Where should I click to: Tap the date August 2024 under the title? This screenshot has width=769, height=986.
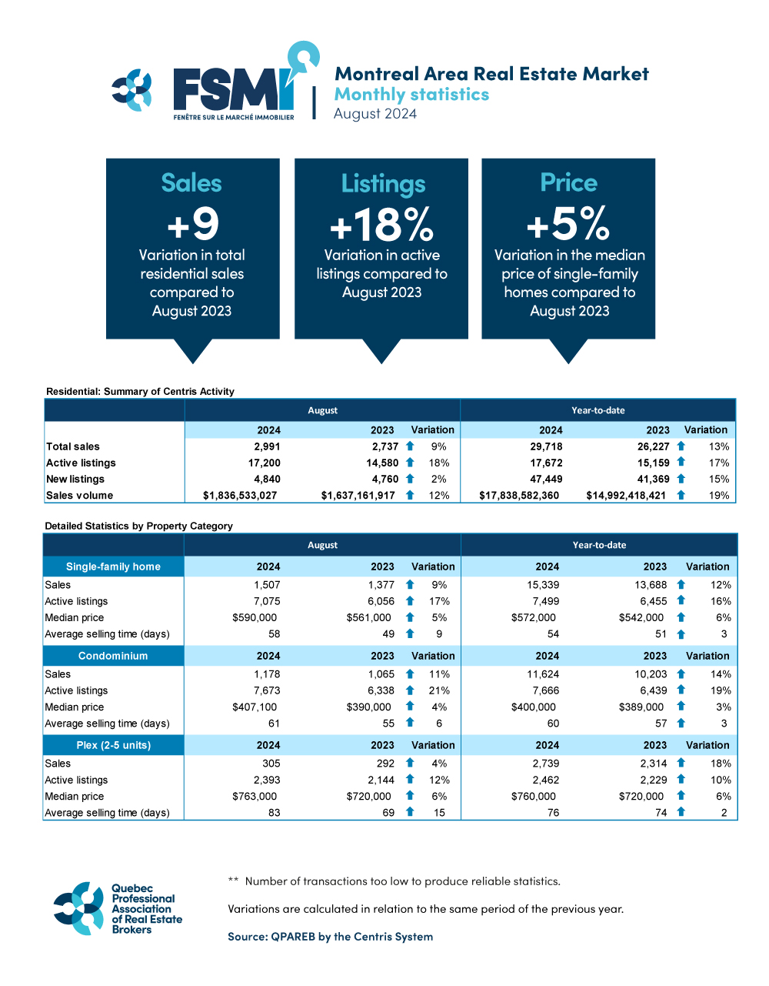coord(375,114)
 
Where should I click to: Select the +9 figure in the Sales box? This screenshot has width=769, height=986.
coord(193,224)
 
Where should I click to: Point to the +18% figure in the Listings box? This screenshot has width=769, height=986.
coord(381,225)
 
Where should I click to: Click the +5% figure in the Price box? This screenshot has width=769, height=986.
coord(568,224)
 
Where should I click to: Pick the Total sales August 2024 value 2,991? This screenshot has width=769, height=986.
coord(267,446)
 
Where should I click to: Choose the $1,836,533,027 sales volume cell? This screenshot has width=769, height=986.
coord(240,496)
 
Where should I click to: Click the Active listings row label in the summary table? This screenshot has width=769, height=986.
coord(81,463)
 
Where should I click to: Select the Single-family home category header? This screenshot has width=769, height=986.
coord(113,567)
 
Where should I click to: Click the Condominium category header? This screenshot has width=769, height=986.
coord(113,656)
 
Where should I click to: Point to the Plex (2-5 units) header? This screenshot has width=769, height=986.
coord(113,745)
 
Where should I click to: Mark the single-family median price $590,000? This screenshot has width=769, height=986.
coord(255,617)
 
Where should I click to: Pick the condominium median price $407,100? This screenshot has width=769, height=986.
coord(255,707)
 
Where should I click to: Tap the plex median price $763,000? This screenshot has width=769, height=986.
coord(255,797)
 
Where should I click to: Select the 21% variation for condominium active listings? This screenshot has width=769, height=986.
coord(439,690)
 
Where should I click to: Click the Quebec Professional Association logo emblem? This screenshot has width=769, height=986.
coord(78,908)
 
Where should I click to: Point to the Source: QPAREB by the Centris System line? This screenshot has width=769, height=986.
coord(330,937)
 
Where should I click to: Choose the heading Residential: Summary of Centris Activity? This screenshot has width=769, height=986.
coord(140,391)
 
